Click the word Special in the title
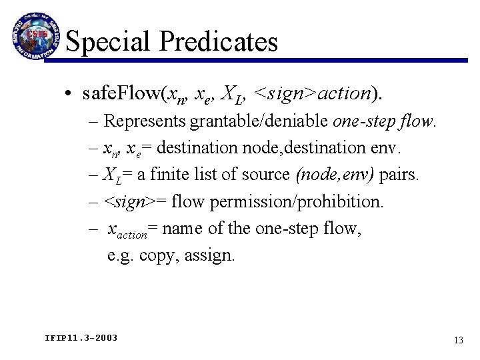pos(110,42)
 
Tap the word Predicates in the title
pos(219,42)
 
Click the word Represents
pos(146,122)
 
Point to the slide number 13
pos(457,340)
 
